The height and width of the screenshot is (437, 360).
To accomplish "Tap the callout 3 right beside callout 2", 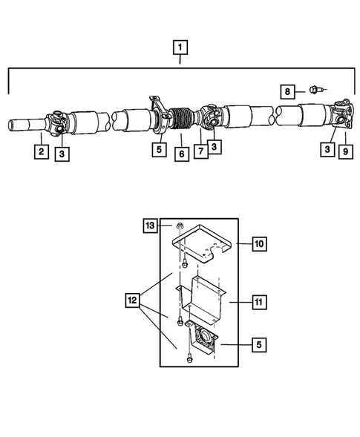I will click(62, 154).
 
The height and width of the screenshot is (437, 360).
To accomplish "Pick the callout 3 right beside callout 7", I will click(214, 148).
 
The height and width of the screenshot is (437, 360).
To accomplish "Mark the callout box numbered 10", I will click(259, 243).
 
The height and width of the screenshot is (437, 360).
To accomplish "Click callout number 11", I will click(259, 303).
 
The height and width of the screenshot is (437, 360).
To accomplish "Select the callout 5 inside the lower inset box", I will click(259, 344).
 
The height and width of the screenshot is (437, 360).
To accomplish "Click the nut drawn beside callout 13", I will click(180, 226).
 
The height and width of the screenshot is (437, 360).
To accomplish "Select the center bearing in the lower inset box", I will click(201, 341).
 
